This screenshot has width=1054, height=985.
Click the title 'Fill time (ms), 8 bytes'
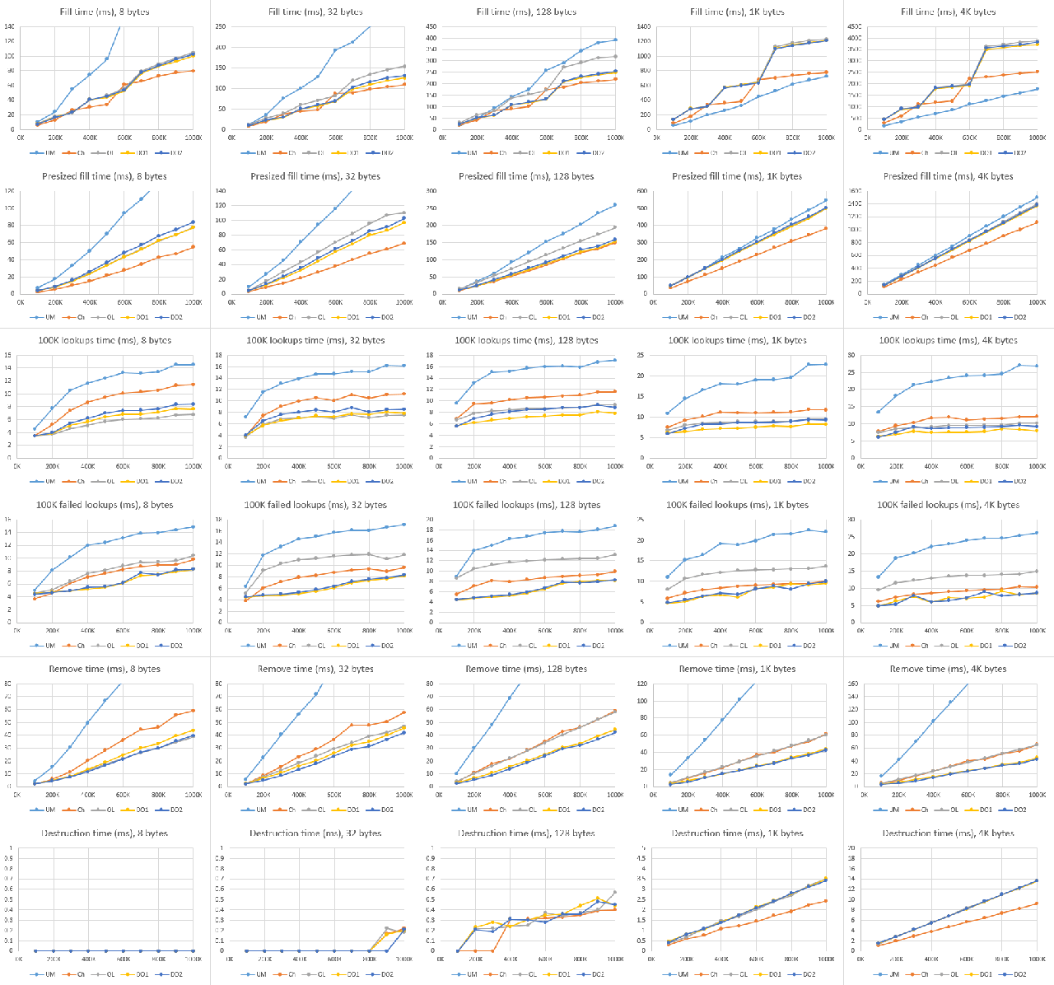pyautogui.click(x=105, y=12)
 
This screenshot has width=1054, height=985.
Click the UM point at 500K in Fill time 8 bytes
pyautogui.click(x=106, y=58)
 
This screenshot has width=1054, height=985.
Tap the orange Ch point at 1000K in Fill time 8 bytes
pyautogui.click(x=193, y=71)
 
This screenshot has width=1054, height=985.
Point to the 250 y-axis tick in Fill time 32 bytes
pyautogui.click(x=222, y=26)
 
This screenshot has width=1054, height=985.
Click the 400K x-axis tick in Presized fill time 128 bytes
pyautogui.click(x=508, y=302)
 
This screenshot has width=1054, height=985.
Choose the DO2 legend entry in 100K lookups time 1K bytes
pyautogui.click(x=808, y=481)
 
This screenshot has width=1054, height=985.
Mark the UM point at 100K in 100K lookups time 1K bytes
pyautogui.click(x=668, y=413)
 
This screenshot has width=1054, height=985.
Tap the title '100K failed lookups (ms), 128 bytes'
pyautogui.click(x=526, y=505)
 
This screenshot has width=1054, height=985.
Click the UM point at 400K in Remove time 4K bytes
pyautogui.click(x=933, y=721)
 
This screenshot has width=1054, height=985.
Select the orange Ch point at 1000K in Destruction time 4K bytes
pyautogui.click(x=1037, y=903)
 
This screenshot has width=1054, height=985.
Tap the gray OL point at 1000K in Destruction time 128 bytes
pyautogui.click(x=614, y=892)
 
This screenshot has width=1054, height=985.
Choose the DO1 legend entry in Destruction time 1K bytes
pyautogui.click(x=772, y=974)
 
